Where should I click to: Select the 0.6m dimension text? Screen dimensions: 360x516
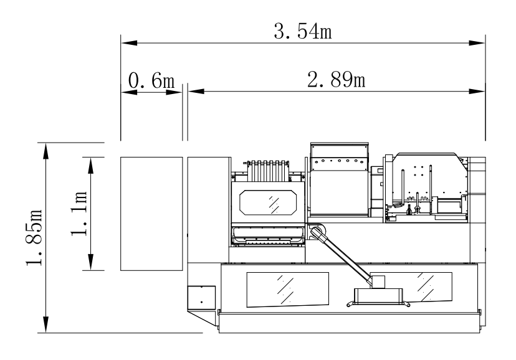point(151,80)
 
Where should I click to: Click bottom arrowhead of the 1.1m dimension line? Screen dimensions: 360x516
point(91,265)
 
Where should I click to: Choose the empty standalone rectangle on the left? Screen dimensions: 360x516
point(151,214)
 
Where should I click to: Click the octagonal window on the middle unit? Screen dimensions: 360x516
point(270,202)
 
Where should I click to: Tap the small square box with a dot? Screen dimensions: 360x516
point(201,297)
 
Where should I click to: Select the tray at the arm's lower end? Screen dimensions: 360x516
point(379,296)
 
